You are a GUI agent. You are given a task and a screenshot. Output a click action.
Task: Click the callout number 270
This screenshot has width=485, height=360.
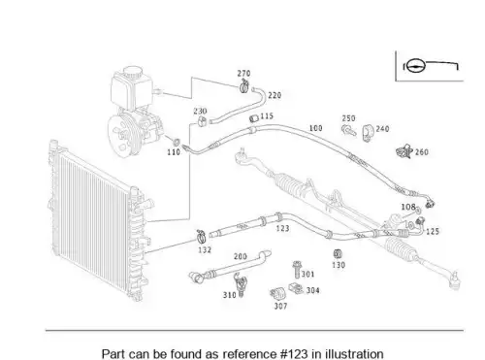(243, 74)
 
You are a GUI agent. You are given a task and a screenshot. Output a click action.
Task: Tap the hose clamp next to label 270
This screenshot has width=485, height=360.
(244, 86)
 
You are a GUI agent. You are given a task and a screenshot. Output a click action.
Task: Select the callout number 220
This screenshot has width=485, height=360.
(275, 95)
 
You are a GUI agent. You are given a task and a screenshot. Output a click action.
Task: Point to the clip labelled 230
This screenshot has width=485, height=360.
(202, 121)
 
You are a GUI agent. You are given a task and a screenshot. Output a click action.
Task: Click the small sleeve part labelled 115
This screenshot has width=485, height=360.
(253, 118)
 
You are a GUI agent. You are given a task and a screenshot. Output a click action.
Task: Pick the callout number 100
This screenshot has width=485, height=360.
(315, 128)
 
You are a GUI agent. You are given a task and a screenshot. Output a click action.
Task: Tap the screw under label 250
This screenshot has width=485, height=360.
(348, 130)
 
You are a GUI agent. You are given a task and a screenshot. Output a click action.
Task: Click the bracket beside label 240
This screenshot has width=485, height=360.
(368, 133)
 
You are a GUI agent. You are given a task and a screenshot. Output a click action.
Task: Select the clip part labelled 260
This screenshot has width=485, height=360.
(404, 151)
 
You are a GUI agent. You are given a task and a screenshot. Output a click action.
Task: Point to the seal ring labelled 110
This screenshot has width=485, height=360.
(177, 142)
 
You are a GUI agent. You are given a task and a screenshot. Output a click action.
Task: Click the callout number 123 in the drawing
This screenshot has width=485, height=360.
(282, 228)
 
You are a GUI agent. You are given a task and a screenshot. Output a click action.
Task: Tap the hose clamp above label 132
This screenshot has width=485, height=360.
(202, 237)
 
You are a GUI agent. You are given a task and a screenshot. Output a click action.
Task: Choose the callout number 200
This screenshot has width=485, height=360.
(241, 256)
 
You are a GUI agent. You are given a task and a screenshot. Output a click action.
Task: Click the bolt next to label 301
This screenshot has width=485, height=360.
(297, 270)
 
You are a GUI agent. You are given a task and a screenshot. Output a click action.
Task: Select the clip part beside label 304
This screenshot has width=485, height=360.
(296, 288)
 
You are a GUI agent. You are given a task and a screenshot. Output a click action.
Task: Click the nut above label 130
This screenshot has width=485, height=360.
(338, 254)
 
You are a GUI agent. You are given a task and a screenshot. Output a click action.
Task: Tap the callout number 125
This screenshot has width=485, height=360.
(433, 232)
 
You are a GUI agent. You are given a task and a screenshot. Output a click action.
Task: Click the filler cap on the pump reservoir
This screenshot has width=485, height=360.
(133, 72)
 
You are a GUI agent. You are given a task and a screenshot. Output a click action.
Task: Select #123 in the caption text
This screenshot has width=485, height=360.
(294, 354)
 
